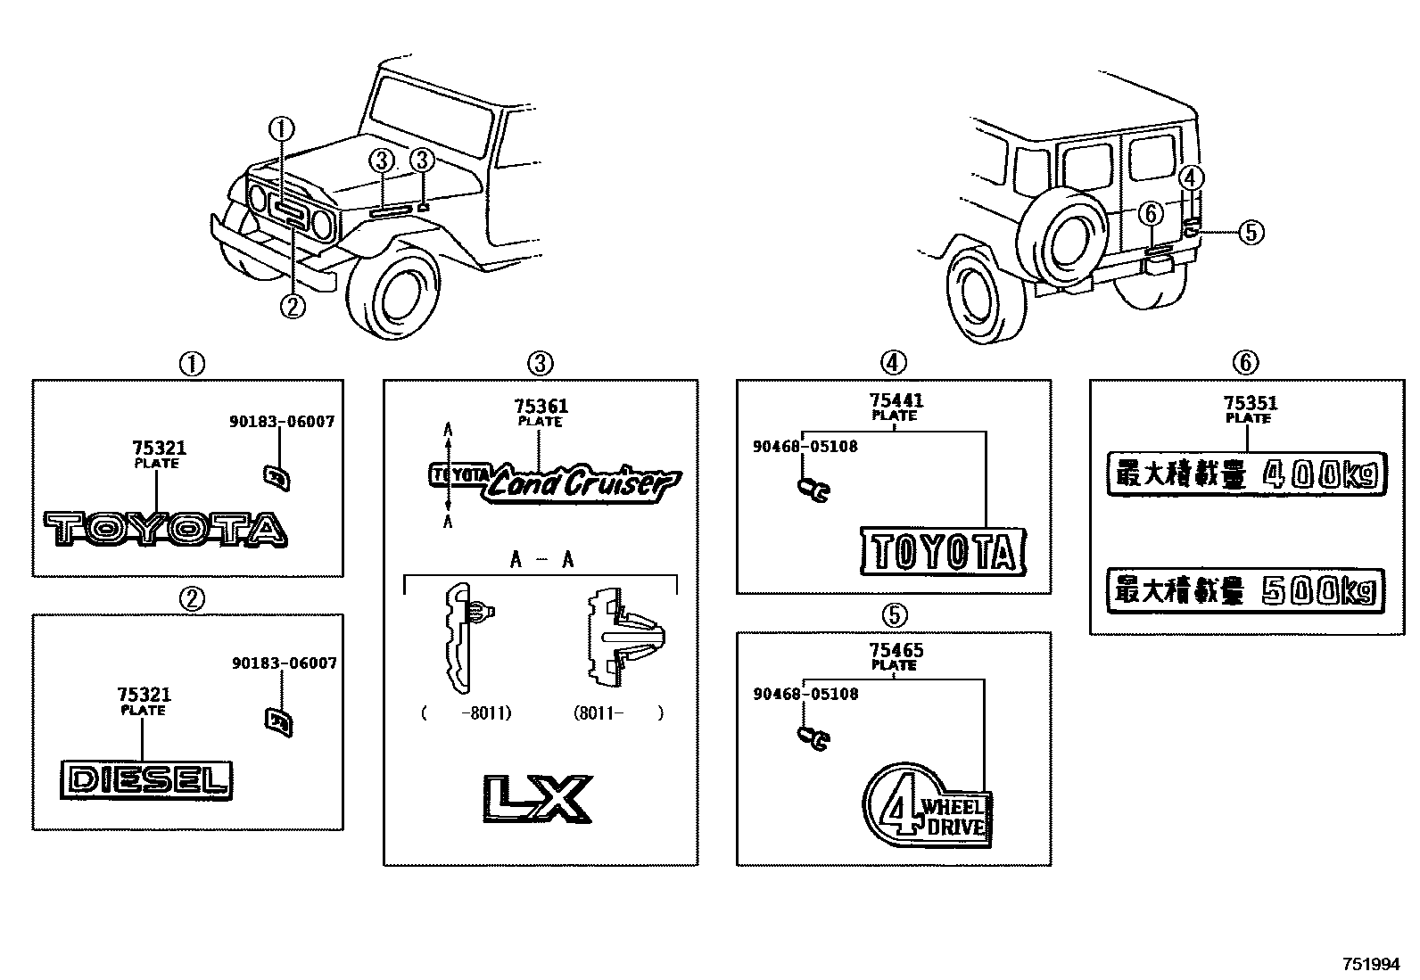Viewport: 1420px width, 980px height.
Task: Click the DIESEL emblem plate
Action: point(146,779)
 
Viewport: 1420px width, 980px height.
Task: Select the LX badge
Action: point(538,797)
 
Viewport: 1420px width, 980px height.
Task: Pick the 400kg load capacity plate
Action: point(1246,474)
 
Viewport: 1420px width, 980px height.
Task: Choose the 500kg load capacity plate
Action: point(1246,590)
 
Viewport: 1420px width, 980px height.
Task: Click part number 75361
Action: point(540,406)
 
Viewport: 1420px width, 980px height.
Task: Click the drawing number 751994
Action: point(1372,965)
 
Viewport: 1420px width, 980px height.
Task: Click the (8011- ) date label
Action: point(618,713)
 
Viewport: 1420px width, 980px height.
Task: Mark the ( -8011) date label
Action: point(466,713)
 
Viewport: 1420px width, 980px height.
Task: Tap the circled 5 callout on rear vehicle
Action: point(1251,233)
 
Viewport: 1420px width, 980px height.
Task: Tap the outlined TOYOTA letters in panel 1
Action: point(166,529)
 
